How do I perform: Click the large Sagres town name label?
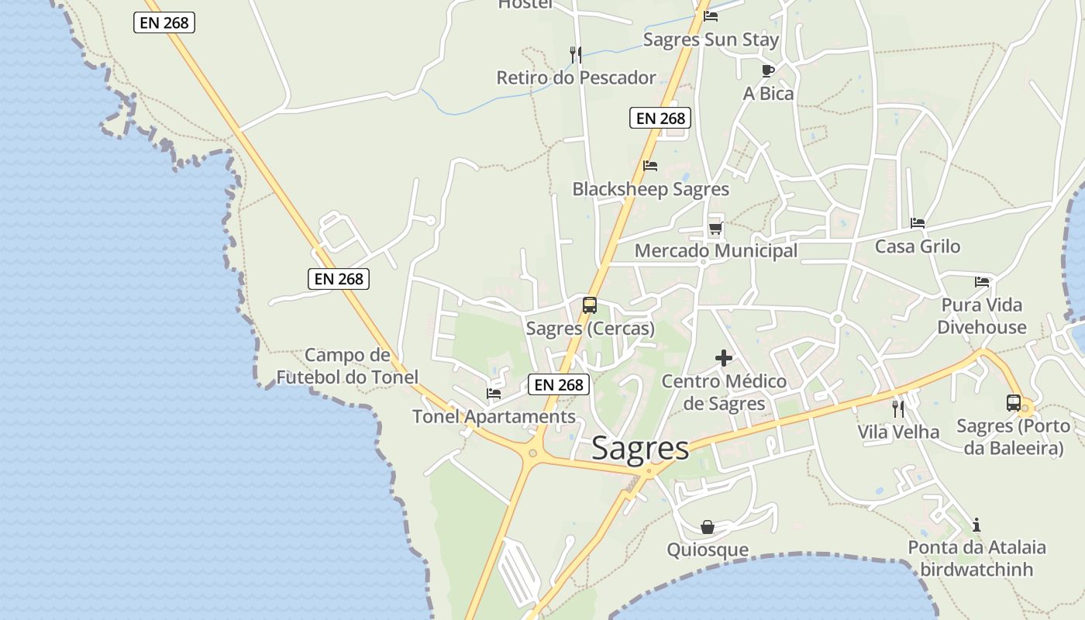[639, 448]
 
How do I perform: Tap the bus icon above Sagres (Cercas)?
[590, 305]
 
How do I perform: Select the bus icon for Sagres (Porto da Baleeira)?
[1013, 402]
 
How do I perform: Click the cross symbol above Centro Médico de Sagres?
[723, 357]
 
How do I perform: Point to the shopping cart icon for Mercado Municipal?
[715, 228]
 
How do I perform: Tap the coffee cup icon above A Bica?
[768, 71]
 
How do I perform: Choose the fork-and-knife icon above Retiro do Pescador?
[575, 54]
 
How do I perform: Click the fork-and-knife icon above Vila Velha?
[898, 408]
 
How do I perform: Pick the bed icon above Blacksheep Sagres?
[650, 166]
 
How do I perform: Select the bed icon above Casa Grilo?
[918, 223]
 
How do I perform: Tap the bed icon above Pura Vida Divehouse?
[982, 281]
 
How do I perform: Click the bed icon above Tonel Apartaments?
[494, 394]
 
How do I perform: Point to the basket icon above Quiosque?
[708, 527]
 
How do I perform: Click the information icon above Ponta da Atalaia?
[976, 525]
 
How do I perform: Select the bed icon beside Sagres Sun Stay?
[711, 16]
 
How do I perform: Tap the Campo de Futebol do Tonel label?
[347, 366]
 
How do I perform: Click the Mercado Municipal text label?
[715, 250]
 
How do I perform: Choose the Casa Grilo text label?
[918, 246]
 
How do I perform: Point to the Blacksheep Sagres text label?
[650, 189]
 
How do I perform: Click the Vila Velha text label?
[898, 432]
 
